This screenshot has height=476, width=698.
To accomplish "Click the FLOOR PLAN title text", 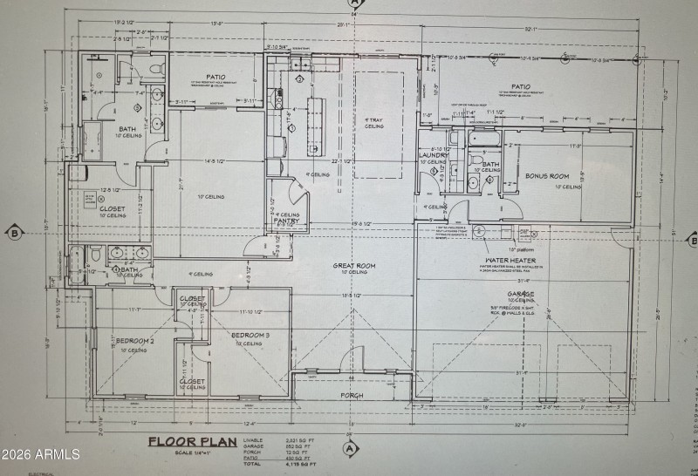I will [x=193, y=441].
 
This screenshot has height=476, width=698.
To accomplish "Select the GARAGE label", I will [x=521, y=294].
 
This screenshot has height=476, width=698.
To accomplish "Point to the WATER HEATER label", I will [x=510, y=260].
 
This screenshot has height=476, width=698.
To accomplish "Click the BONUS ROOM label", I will [x=547, y=176].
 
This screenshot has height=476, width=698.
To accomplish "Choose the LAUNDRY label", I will [x=434, y=155].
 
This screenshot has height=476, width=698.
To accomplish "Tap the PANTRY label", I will [x=287, y=221].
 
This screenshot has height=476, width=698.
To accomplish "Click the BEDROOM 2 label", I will [x=133, y=341].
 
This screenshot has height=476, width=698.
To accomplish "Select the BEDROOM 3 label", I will [x=251, y=335].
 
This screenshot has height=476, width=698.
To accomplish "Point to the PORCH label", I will [x=352, y=395].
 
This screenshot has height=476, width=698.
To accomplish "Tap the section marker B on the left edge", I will [x=14, y=232].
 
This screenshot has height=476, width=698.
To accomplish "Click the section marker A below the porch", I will [x=351, y=449].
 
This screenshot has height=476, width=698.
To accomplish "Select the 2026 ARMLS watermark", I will [x=40, y=454].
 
